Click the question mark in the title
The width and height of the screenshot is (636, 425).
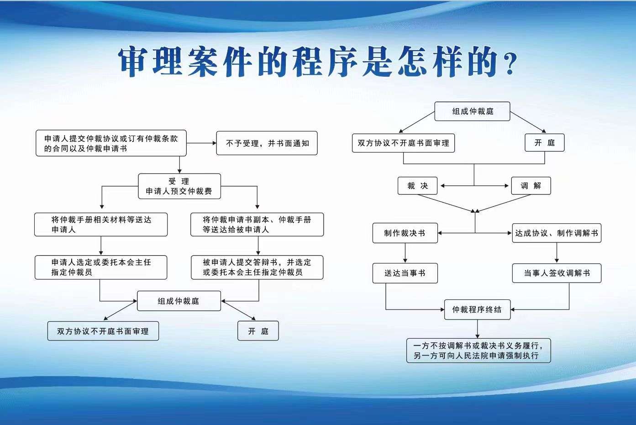pyautogui.click(x=510, y=63)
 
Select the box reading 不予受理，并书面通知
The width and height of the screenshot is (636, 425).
pyautogui.click(x=267, y=143)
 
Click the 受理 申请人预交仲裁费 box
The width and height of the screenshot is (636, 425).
pyautogui.click(x=179, y=186)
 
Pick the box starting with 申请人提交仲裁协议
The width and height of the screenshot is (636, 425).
pyautogui.click(x=111, y=143)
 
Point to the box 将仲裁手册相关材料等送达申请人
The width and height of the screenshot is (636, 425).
pyautogui.click(x=101, y=225)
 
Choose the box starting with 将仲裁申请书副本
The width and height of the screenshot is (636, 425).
pyautogui.click(x=257, y=225)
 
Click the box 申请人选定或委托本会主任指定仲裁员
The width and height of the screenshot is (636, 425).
pyautogui.click(x=101, y=268)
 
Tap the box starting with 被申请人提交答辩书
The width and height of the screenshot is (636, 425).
pyautogui.click(x=257, y=268)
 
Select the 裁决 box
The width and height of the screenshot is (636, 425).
pyautogui.click(x=417, y=186)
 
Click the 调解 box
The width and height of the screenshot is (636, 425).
pyautogui.click(x=531, y=186)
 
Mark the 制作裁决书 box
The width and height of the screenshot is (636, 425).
pyautogui.click(x=405, y=233)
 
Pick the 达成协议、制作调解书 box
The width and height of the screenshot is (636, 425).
pyautogui.click(x=557, y=233)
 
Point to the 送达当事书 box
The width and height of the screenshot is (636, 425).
pyautogui.click(x=405, y=273)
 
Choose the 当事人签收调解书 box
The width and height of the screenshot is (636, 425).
pyautogui.click(x=557, y=273)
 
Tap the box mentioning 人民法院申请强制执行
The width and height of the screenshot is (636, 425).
pyautogui.click(x=478, y=351)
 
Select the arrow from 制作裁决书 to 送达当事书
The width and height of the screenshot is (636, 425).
pyautogui.click(x=405, y=253)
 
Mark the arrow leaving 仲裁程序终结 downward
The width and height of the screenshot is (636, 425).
pyautogui.click(x=478, y=329)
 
